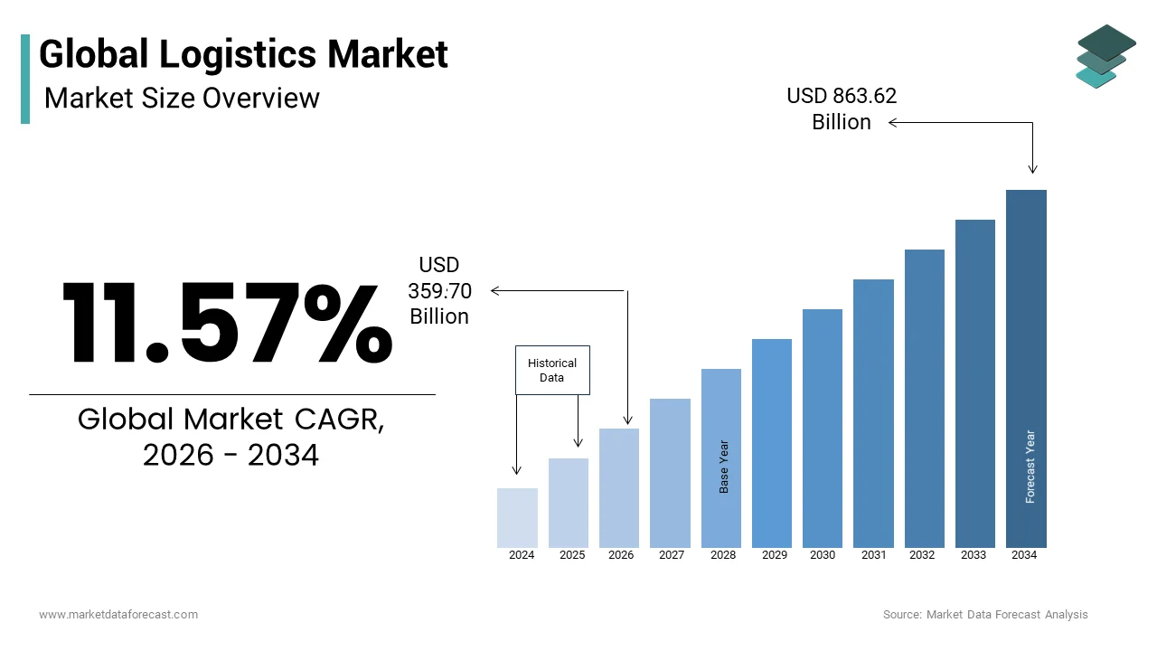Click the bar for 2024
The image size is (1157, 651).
point(517,517)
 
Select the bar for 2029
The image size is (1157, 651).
point(771,443)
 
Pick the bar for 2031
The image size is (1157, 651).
point(873,413)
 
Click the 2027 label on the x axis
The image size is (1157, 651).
point(671,555)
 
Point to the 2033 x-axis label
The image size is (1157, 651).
point(974,555)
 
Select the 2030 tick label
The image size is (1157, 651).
point(823,555)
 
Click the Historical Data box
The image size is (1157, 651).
point(552,370)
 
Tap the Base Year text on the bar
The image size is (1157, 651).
point(723,467)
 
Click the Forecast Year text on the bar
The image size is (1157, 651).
point(1030,467)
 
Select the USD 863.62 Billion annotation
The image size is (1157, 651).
point(842,108)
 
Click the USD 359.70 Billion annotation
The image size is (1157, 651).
point(439,290)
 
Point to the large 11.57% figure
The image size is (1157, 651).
point(227,324)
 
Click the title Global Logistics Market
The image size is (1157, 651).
point(243,54)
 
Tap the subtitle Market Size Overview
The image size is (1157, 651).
point(182,98)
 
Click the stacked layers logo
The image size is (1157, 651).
point(1105,56)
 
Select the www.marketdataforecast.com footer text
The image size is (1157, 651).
point(118,615)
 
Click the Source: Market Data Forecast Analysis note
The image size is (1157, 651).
point(985,615)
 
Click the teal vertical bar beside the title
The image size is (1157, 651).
point(25,79)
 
